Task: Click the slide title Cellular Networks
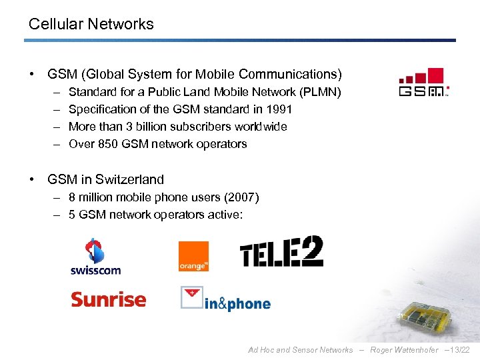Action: pos(91,25)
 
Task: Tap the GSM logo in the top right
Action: pos(423,83)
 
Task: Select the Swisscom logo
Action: pos(95,257)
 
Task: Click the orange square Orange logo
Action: pos(193,256)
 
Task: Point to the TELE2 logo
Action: pos(281,253)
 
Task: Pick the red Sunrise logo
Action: pos(108,299)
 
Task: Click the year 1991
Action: pos(280,109)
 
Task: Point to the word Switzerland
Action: pos(129,179)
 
